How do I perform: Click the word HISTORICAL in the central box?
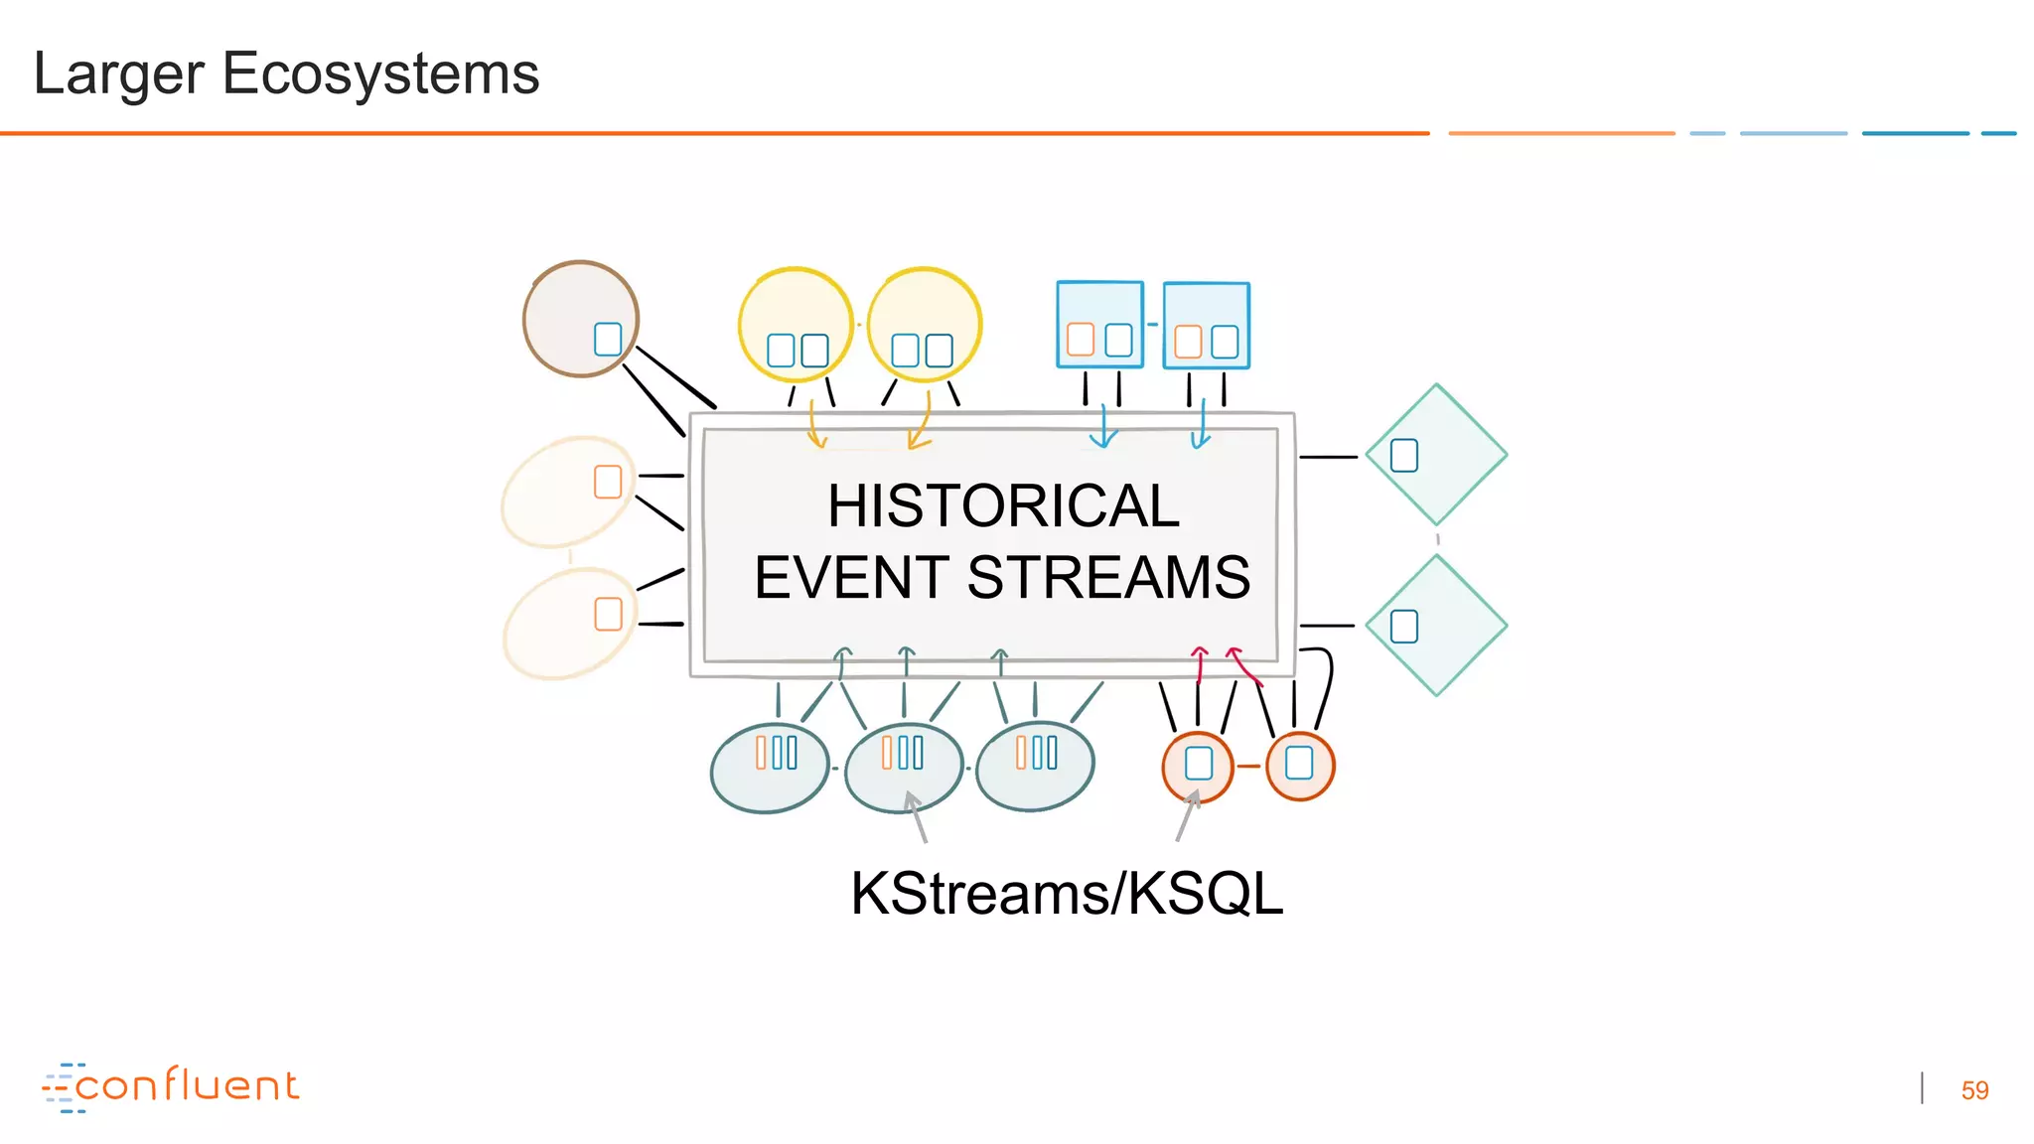[1003, 505]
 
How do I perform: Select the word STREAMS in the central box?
[1108, 577]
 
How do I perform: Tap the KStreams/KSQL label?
[1067, 893]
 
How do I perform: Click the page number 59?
[1974, 1090]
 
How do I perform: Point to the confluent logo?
[171, 1086]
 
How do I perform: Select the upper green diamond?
[1436, 455]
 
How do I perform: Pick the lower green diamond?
[1436, 626]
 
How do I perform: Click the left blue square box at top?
[1100, 325]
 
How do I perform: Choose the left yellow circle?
[796, 324]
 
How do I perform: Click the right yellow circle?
[925, 324]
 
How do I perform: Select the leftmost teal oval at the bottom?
[770, 768]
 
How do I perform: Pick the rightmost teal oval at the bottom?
[1035, 766]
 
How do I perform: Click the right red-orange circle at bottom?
[1300, 766]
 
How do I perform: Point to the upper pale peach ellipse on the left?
[567, 493]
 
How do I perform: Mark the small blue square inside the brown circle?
[608, 339]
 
